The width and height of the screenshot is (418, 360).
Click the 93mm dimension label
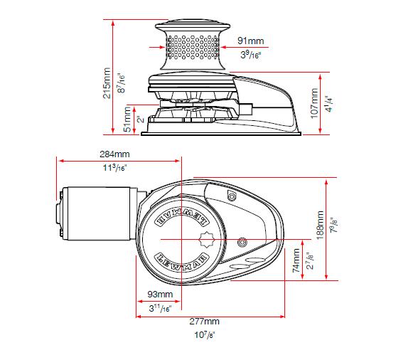point(160,294)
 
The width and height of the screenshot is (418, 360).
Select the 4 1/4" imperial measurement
point(328,104)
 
